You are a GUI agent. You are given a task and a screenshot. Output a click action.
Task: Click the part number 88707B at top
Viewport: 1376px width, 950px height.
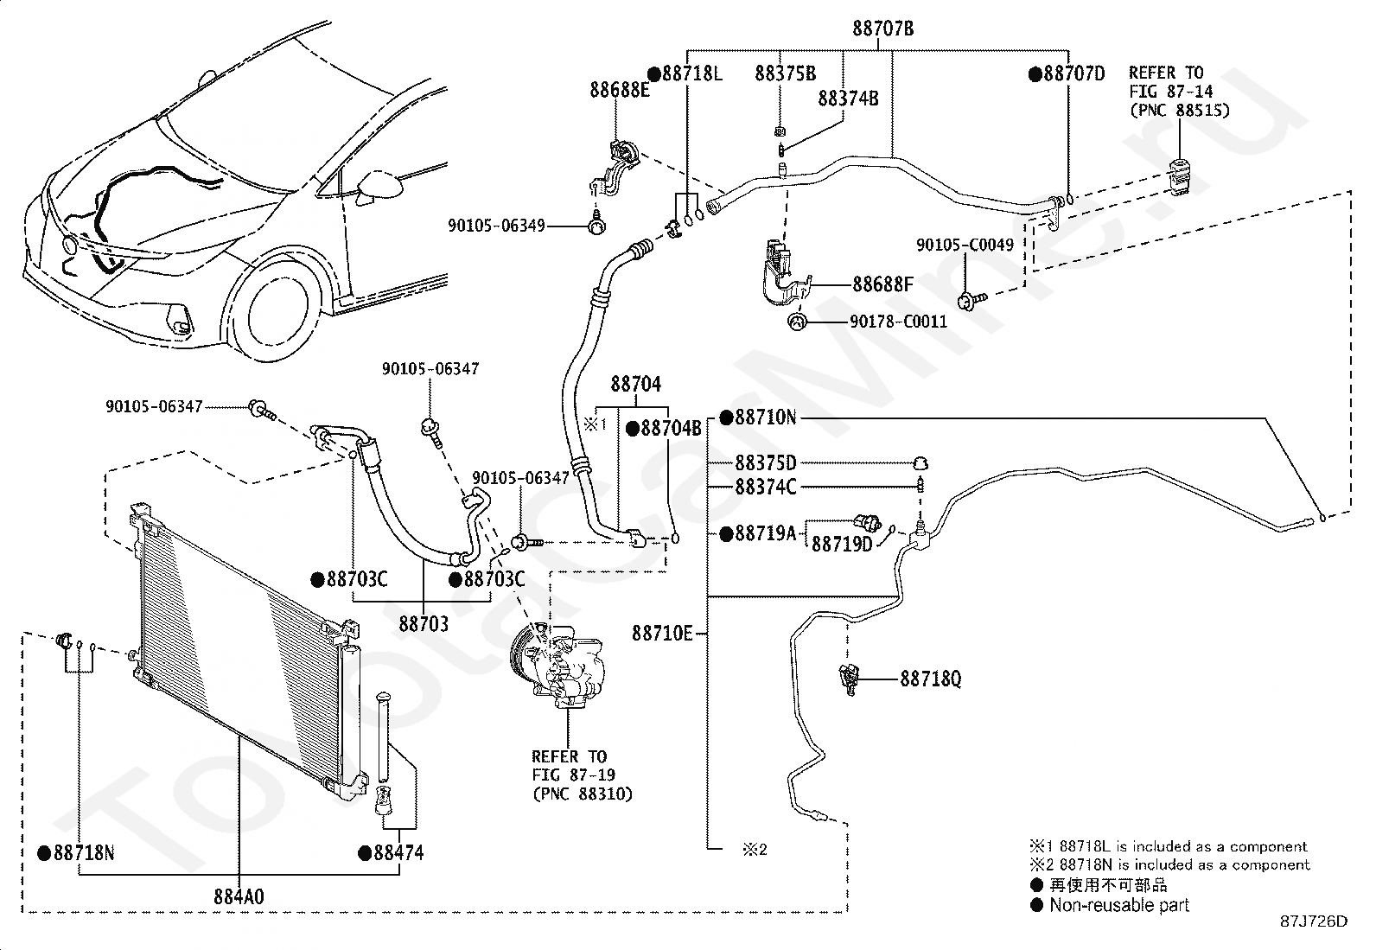(882, 29)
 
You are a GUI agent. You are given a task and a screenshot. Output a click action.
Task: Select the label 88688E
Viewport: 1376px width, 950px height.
(620, 89)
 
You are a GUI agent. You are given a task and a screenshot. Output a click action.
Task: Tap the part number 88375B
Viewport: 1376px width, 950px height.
(785, 73)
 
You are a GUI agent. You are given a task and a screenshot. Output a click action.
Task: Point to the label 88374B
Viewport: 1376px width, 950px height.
(848, 99)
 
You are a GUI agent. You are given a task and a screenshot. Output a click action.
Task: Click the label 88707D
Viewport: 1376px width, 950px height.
(1073, 73)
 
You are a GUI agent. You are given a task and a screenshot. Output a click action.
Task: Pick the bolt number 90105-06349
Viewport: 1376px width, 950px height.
(496, 226)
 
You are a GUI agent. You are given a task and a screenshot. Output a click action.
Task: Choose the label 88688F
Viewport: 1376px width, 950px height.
(882, 284)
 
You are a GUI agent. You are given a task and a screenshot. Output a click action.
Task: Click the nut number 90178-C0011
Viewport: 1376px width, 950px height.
(898, 322)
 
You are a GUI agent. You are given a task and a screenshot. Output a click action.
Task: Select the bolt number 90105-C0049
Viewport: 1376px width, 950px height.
(965, 245)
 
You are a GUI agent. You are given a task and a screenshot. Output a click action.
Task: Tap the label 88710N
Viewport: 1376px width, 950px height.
(765, 418)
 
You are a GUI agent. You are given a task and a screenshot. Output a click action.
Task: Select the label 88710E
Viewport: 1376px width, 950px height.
(662, 634)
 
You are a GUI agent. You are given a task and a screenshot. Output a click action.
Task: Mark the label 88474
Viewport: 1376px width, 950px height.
(398, 853)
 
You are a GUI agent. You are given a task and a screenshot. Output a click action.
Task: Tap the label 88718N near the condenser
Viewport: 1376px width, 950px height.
(84, 853)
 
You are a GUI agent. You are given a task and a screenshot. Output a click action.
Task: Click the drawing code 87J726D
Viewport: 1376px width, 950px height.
(1314, 921)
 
